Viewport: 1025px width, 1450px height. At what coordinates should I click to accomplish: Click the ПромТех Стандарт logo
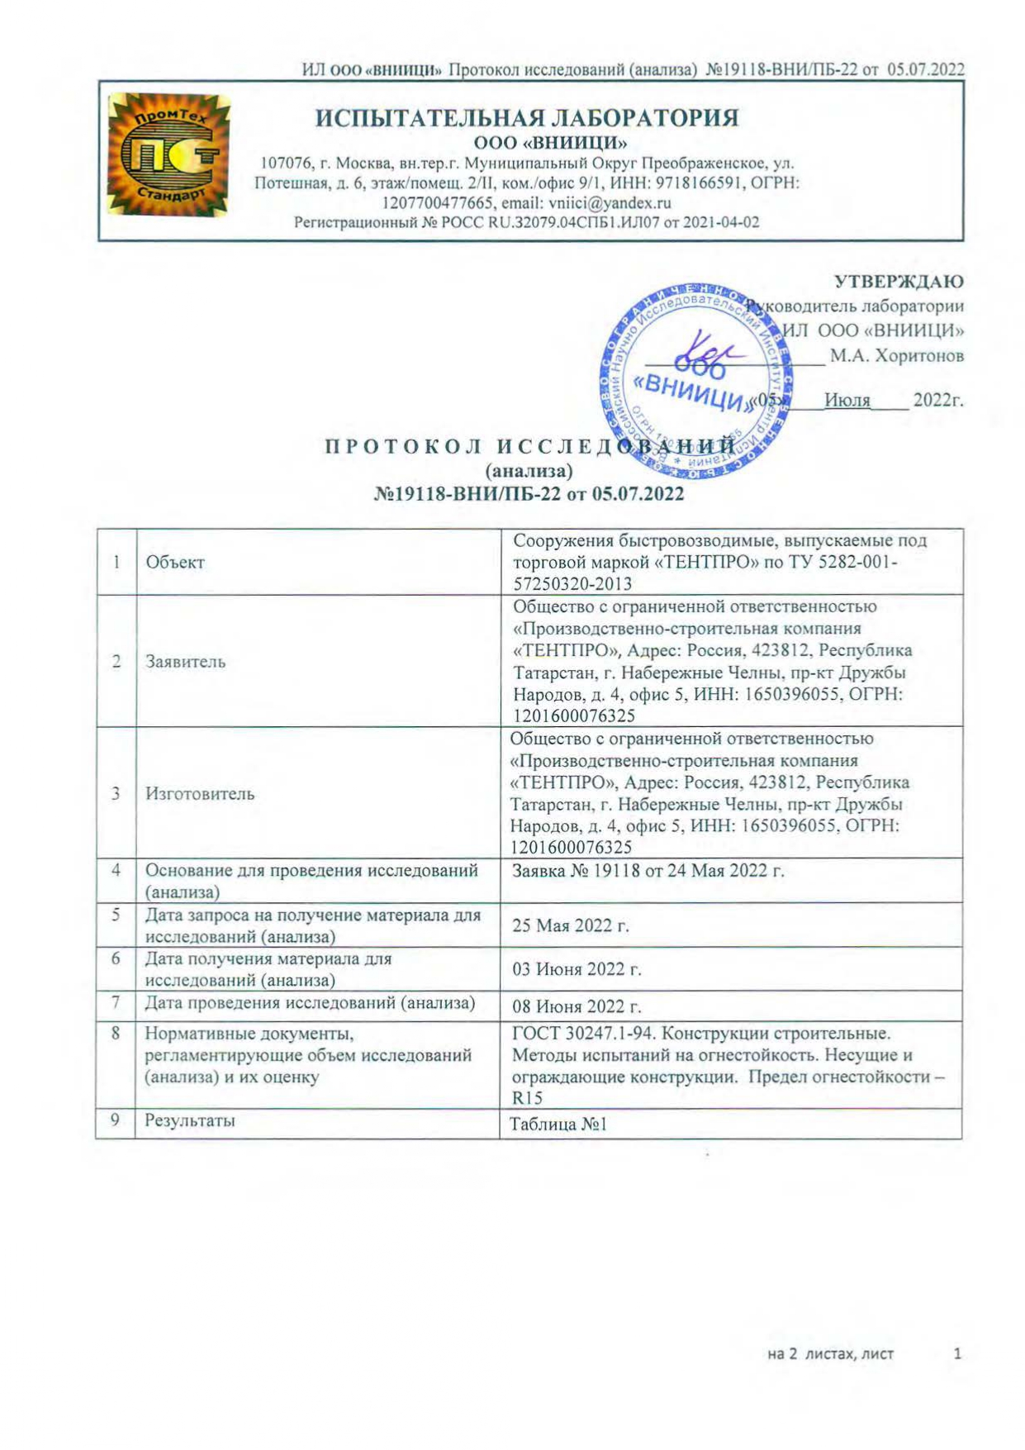pyautogui.click(x=168, y=155)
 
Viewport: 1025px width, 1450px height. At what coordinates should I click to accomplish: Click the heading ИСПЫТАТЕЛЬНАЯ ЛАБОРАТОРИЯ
pyautogui.click(x=527, y=117)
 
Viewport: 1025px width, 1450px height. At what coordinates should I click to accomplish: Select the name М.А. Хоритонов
pyautogui.click(x=896, y=356)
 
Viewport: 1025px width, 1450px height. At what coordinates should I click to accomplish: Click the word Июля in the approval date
pyautogui.click(x=847, y=401)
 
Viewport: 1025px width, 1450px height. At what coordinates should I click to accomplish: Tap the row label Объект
pyautogui.click(x=175, y=563)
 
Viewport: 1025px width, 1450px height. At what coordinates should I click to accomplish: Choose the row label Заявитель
pyautogui.click(x=185, y=662)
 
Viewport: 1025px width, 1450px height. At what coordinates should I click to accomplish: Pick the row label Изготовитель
pyautogui.click(x=200, y=794)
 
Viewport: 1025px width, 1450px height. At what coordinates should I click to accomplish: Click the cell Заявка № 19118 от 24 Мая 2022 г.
pyautogui.click(x=648, y=871)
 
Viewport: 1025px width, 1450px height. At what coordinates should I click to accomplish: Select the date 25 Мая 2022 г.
pyautogui.click(x=571, y=925)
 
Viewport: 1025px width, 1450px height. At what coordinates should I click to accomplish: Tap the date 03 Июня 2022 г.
pyautogui.click(x=577, y=969)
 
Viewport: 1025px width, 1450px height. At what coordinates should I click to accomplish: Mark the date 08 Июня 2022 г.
pyautogui.click(x=577, y=1007)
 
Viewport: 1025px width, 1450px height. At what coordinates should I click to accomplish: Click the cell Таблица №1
pyautogui.click(x=559, y=1124)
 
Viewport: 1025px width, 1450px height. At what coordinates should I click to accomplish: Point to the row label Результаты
pyautogui.click(x=190, y=1121)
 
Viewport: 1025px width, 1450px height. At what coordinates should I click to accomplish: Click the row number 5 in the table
pyautogui.click(x=116, y=915)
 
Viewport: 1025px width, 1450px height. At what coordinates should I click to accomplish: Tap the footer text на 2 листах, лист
pyautogui.click(x=830, y=1354)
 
